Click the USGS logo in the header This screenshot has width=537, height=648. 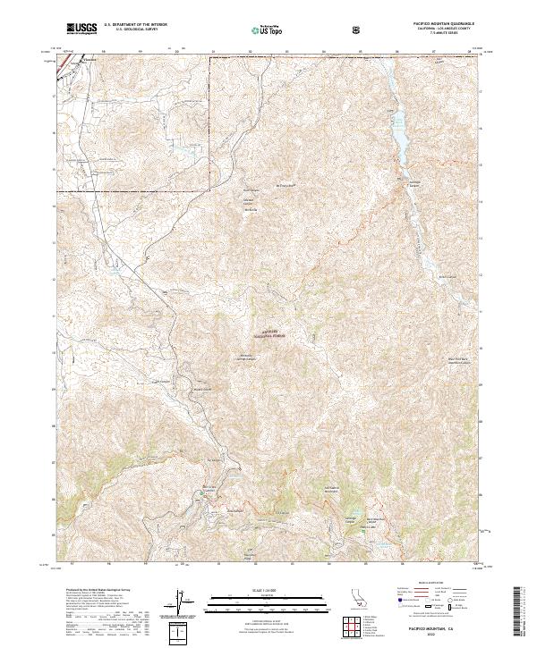(82, 29)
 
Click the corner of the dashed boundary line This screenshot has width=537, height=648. (209, 189)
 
